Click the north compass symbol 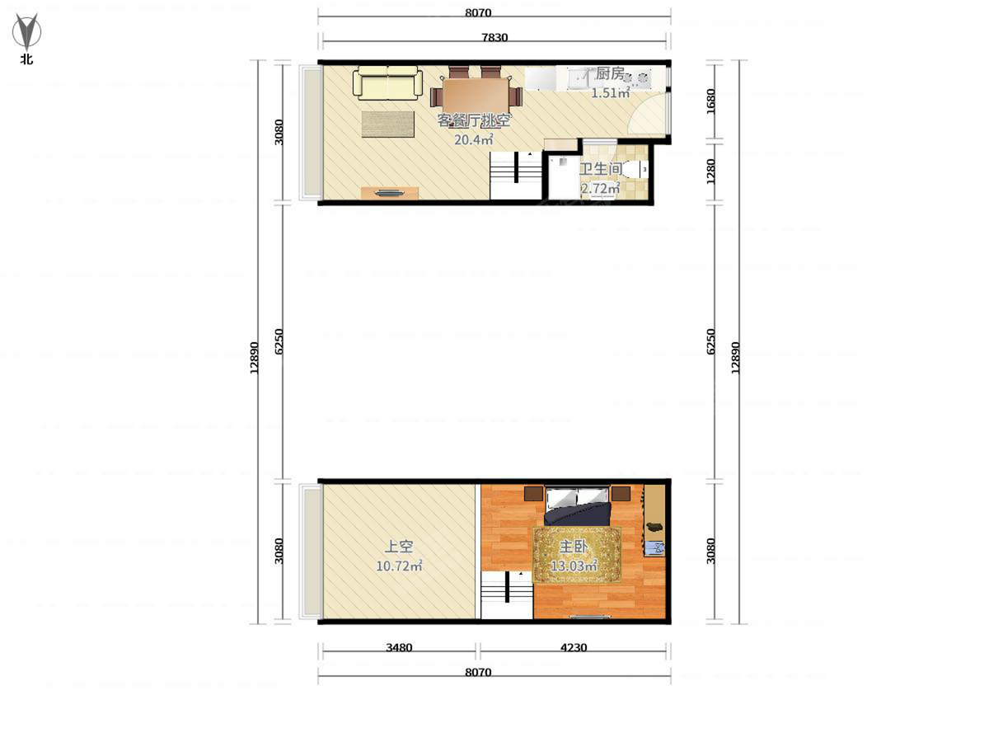point(26,31)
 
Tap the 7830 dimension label point(494,37)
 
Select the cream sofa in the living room point(387,83)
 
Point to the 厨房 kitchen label point(610,73)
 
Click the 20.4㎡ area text point(473,139)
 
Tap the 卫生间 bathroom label point(600,169)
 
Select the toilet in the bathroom point(638,169)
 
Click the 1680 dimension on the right point(710,101)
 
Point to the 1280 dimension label point(710,171)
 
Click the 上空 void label point(399,547)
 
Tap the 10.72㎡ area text point(399,566)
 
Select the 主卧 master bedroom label point(573,547)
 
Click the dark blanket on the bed point(577,514)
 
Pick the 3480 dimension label point(399,647)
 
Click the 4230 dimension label point(573,647)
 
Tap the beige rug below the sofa point(388,124)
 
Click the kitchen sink point(579,80)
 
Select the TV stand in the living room point(390,193)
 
